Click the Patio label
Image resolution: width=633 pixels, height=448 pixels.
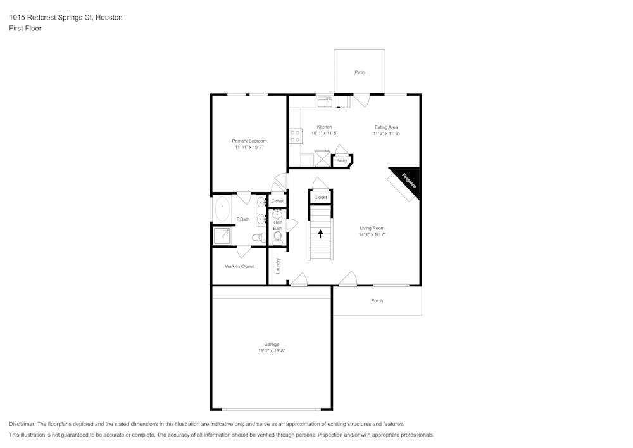click(360, 73)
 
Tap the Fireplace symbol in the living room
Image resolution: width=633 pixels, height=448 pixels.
click(407, 180)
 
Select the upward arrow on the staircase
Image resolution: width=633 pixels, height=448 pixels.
click(321, 233)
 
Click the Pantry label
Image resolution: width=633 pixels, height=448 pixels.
click(341, 161)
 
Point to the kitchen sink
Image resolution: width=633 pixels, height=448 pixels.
click(325, 101)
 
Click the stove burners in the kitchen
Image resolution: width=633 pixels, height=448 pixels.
click(295, 136)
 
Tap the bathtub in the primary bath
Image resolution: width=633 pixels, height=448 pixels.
click(222, 210)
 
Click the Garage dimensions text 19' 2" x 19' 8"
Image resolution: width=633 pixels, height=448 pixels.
click(272, 351)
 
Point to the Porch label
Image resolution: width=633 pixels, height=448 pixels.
click(377, 301)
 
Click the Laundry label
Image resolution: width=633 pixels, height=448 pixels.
click(278, 266)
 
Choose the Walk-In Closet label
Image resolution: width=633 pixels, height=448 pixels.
click(239, 266)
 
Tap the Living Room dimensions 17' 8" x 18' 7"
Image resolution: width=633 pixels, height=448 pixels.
click(372, 234)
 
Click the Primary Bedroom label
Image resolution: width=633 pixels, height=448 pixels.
click(249, 141)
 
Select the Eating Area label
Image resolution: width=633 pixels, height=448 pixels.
click(386, 127)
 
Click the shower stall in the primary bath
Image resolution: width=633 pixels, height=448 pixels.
click(222, 236)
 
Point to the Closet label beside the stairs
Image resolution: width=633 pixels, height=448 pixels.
click(320, 198)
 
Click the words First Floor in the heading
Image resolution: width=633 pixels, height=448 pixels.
click(25, 29)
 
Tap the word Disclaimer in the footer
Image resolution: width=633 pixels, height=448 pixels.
click(22, 424)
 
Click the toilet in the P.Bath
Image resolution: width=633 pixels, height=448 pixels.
click(258, 238)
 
